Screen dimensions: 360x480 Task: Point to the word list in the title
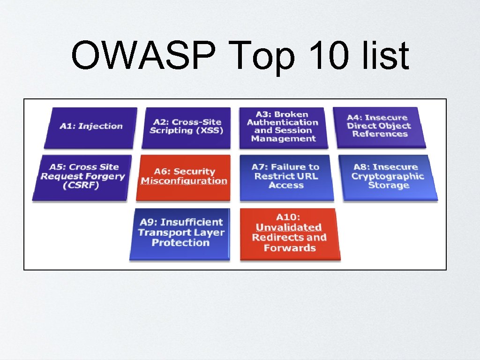click(x=388, y=55)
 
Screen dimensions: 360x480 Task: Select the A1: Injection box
click(x=91, y=127)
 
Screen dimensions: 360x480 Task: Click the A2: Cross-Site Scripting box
click(x=187, y=127)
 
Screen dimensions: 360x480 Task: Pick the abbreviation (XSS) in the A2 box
click(x=207, y=130)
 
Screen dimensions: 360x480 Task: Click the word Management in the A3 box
click(x=283, y=139)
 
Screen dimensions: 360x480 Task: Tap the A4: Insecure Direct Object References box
click(x=379, y=126)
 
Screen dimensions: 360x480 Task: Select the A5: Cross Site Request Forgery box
click(x=82, y=177)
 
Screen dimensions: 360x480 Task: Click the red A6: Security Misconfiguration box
click(x=184, y=177)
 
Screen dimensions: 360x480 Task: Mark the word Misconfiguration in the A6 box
click(x=184, y=181)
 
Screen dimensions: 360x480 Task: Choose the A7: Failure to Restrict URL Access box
click(x=286, y=177)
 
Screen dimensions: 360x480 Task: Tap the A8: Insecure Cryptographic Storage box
click(x=388, y=177)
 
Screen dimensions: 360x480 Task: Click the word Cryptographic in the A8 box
click(x=388, y=176)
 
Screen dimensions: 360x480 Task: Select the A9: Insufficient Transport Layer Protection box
click(x=180, y=233)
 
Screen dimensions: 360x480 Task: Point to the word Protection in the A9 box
click(x=180, y=243)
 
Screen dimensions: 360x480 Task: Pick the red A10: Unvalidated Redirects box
click(x=289, y=233)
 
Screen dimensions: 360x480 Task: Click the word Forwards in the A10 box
click(x=289, y=248)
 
